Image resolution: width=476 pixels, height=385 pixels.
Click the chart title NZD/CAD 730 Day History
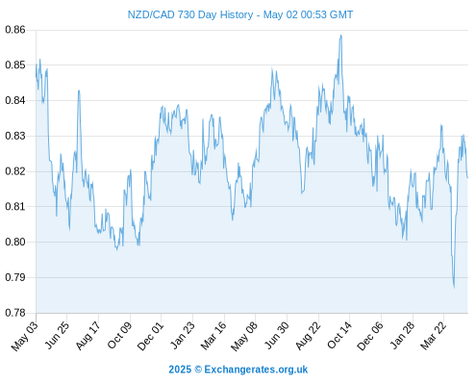[x=190, y=14]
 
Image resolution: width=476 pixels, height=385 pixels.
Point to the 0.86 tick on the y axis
[x=15, y=30]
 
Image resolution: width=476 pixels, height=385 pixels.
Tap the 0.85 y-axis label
[x=15, y=65]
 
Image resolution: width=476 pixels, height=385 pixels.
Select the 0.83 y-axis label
[x=15, y=136]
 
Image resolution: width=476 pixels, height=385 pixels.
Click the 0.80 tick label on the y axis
[x=15, y=242]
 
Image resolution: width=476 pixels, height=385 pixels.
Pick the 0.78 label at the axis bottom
[x=15, y=313]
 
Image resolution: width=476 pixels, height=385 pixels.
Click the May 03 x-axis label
[x=24, y=336]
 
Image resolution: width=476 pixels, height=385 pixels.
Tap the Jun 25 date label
[x=56, y=335]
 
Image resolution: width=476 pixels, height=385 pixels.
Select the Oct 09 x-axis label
[x=119, y=335]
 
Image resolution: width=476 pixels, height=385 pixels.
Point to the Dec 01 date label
[x=150, y=336]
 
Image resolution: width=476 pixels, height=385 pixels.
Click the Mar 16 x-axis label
[x=213, y=336]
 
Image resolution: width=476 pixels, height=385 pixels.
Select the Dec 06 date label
[x=370, y=336]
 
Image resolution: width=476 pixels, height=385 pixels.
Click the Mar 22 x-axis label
[x=433, y=336]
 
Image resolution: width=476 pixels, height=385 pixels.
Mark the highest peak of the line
[x=341, y=36]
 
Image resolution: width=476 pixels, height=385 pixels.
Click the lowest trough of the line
[x=454, y=287]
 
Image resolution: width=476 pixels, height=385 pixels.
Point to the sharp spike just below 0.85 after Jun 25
[x=79, y=90]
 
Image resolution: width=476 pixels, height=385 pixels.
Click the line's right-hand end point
[x=467, y=177]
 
